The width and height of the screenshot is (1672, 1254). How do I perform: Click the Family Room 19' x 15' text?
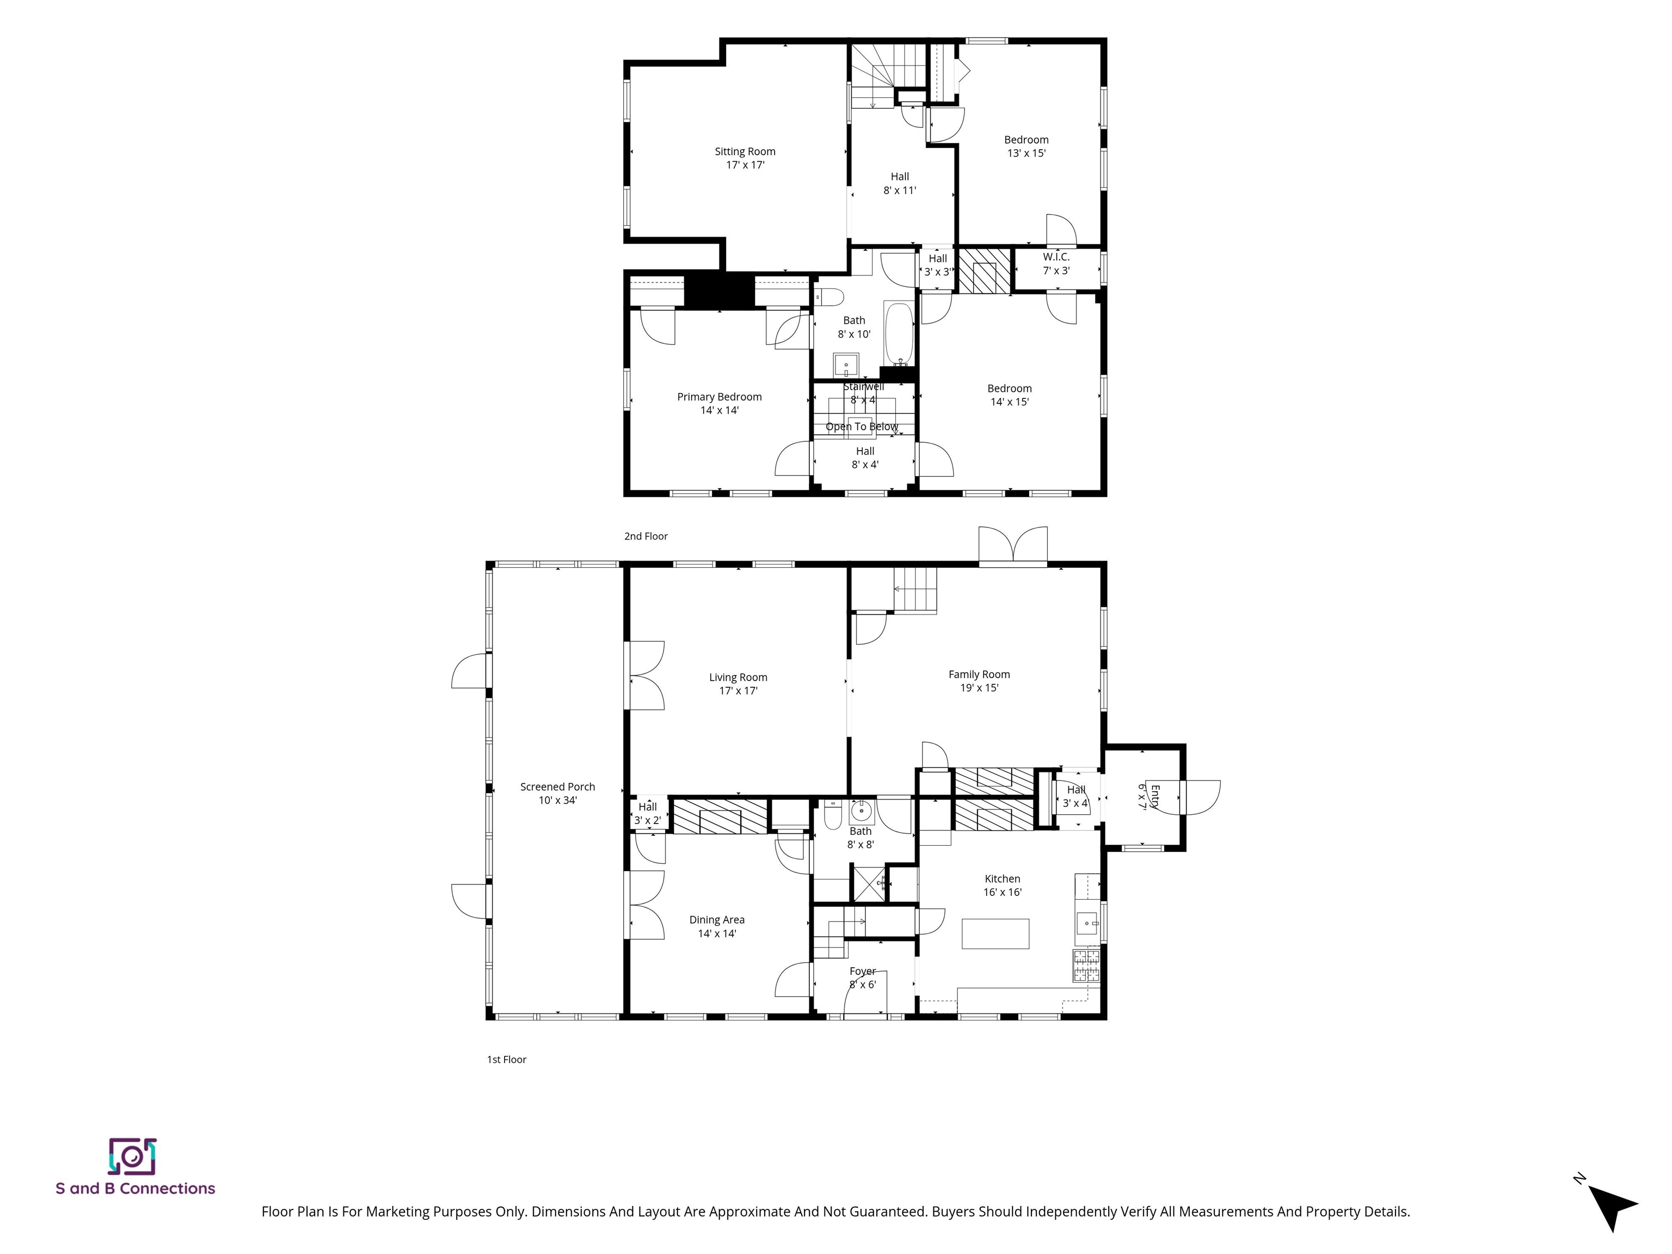pos(979,681)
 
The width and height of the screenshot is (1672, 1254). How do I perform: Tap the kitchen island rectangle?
pos(995,933)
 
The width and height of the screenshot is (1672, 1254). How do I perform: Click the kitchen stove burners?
pos(1086,966)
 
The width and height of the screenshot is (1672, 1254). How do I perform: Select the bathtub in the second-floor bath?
pos(899,333)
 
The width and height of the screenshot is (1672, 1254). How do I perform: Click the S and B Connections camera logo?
pos(132,1157)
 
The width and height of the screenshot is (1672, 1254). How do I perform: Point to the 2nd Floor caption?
pos(646,536)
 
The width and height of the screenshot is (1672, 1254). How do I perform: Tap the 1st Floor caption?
pos(506,1059)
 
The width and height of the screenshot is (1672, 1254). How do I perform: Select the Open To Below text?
pos(862,426)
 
